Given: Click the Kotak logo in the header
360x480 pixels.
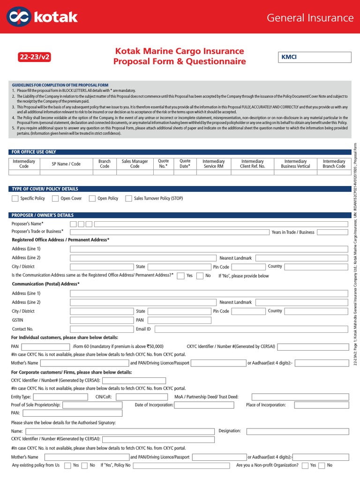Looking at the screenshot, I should point(42,17).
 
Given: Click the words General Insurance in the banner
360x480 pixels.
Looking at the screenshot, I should point(310,18).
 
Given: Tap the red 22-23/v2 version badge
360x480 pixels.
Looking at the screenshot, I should point(34,57).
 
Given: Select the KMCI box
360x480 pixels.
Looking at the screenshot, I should point(314,57).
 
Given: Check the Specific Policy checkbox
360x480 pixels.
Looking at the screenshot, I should point(15,198).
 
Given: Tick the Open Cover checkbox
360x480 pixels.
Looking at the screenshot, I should point(55,198).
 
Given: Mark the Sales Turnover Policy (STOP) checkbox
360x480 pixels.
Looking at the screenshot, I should point(128,198).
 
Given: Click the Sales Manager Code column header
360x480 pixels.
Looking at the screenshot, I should point(135,164).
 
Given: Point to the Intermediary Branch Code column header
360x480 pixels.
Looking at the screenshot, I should point(334,164).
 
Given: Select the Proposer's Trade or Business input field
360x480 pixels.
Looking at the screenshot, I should point(169,232).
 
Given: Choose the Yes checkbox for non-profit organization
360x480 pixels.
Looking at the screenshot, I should point(305,465).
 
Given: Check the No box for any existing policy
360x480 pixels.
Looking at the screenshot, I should point(84,465).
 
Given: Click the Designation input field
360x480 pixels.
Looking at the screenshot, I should point(297,431).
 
